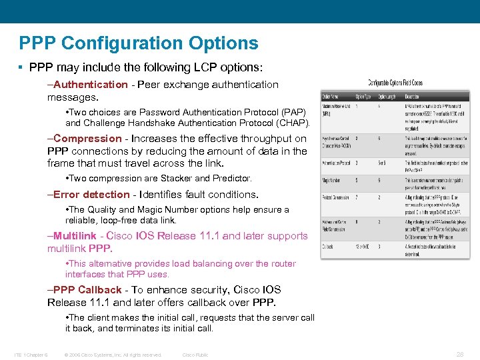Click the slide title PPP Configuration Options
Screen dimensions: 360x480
[x=139, y=43]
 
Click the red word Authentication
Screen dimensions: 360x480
[x=91, y=85]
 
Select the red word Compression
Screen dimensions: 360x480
[x=88, y=139]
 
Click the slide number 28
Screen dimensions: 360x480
[x=459, y=355]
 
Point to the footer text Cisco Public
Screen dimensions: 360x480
[x=195, y=355]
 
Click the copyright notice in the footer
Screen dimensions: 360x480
[x=113, y=355]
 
